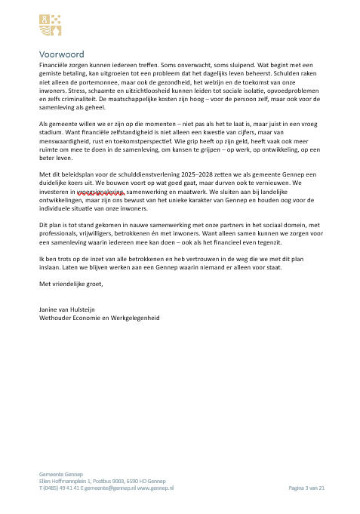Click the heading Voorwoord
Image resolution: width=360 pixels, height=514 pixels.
click(x=62, y=54)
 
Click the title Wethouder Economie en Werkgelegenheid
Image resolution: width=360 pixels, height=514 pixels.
click(x=100, y=318)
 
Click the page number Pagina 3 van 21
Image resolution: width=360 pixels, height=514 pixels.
click(x=306, y=489)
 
